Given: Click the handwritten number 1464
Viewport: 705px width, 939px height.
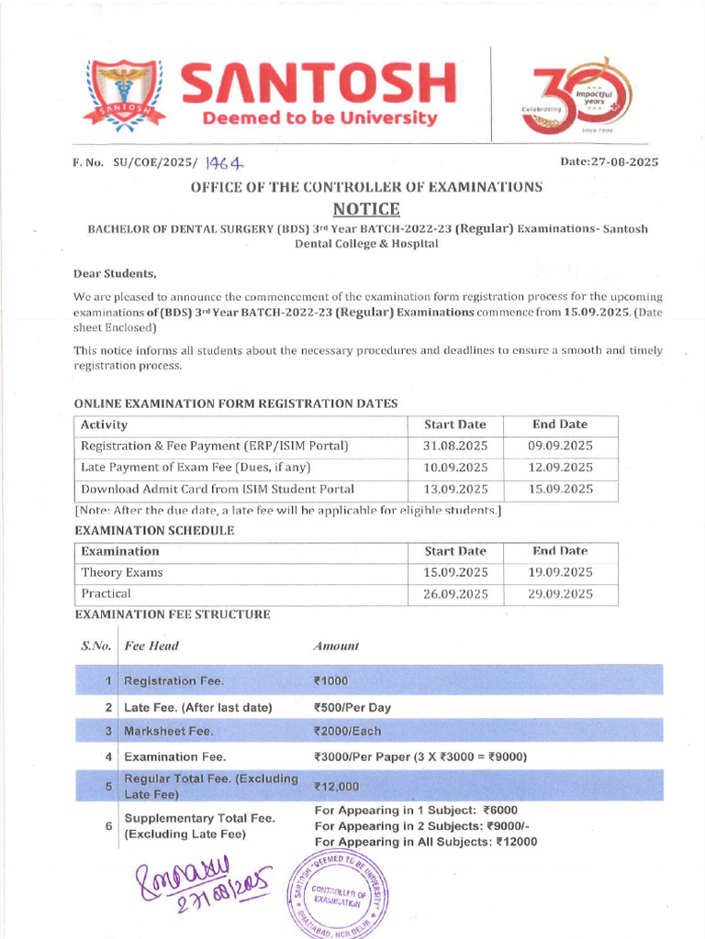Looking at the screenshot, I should tap(224, 162).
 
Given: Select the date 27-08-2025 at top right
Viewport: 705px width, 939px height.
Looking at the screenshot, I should tap(610, 161).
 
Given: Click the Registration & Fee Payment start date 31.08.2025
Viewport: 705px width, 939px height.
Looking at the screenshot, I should tap(455, 446).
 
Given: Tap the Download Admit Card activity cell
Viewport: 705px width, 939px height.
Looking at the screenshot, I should tap(218, 489).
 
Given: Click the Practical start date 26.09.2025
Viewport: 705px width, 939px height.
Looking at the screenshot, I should tap(455, 593).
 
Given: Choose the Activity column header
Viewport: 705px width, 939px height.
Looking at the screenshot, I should tap(105, 425).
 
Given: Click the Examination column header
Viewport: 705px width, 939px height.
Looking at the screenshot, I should tap(120, 551).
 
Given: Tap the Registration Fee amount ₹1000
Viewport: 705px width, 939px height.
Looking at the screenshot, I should tap(331, 681).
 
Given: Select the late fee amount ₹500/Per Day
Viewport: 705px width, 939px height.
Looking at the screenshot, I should tap(352, 707).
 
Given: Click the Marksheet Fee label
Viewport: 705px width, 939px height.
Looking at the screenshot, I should tap(168, 732).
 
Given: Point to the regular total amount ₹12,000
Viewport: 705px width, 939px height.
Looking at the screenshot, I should tap(337, 787).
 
